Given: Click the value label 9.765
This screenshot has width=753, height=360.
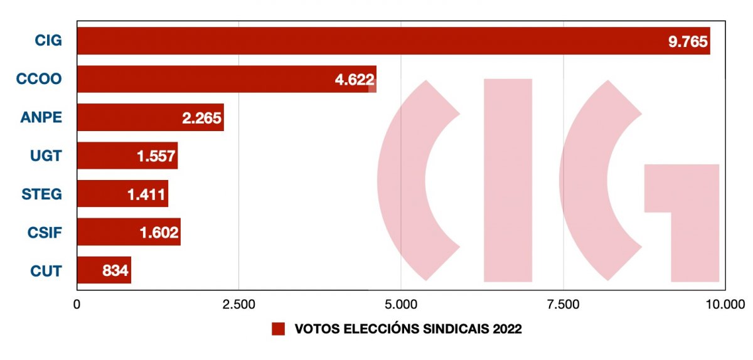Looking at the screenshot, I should pyautogui.click(x=688, y=42).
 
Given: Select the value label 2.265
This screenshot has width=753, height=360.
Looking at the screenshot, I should pyautogui.click(x=202, y=119).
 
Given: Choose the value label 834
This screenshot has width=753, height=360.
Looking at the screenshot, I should pyautogui.click(x=115, y=271).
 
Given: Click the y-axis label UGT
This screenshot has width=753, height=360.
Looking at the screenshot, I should pyautogui.click(x=46, y=155).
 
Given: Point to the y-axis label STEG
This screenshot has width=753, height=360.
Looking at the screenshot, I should pyautogui.click(x=42, y=193).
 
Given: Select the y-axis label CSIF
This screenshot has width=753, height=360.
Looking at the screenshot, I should pyautogui.click(x=43, y=232).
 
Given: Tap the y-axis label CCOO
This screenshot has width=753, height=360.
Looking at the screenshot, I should pyautogui.click(x=38, y=79).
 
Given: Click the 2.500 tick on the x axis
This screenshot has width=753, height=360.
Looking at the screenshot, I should pyautogui.click(x=238, y=305).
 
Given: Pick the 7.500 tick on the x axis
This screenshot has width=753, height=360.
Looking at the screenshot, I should pyautogui.click(x=563, y=305).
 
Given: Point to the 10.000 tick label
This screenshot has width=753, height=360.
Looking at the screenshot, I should pyautogui.click(x=723, y=305).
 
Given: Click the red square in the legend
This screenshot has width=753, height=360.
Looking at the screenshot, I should pyautogui.click(x=278, y=329).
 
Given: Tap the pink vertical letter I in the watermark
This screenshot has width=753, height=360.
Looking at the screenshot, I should pyautogui.click(x=508, y=180).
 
